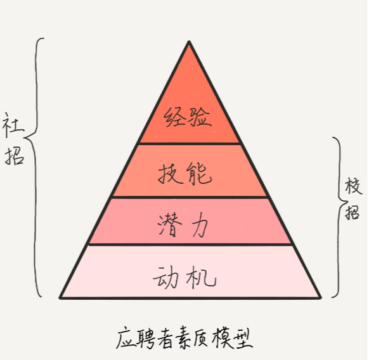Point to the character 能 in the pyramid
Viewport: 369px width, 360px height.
coord(199,174)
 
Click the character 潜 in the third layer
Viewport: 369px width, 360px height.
coord(170,225)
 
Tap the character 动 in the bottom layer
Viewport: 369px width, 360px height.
coord(165,277)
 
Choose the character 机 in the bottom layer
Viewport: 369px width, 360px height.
coord(201,277)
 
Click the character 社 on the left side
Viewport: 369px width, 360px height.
coord(13,125)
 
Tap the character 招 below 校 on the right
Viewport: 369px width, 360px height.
coord(352,212)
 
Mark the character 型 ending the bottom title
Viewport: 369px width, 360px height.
coord(243,338)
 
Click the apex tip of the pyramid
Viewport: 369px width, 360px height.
coord(189,41)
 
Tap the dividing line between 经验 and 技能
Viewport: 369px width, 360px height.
coord(190,143)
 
